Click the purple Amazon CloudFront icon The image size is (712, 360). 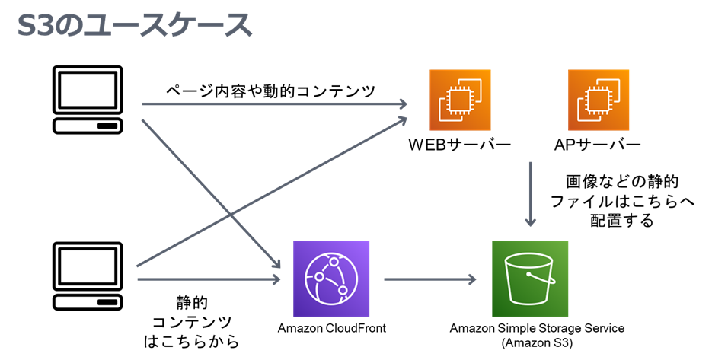pyautogui.click(x=330, y=279)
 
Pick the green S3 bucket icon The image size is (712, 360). pyautogui.click(x=530, y=279)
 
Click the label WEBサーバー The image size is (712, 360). pyautogui.click(x=459, y=145)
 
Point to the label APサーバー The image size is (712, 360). pyautogui.click(x=598, y=145)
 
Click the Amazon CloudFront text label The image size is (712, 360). pyautogui.click(x=331, y=329)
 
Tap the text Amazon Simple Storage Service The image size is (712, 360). pyautogui.click(x=537, y=329)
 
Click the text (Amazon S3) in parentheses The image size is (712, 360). pyautogui.click(x=537, y=343)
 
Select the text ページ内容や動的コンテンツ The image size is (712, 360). pyautogui.click(x=271, y=91)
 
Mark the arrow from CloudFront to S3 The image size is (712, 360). pyautogui.click(x=430, y=279)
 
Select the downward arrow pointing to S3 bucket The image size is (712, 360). pyautogui.click(x=531, y=194)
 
